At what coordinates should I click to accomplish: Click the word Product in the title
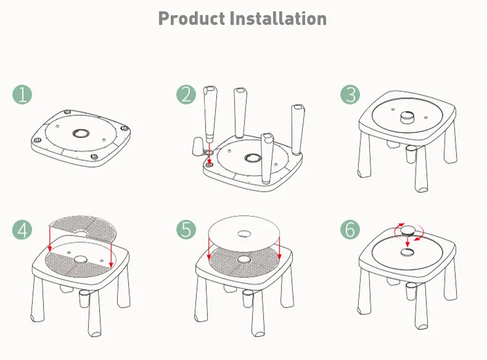191,18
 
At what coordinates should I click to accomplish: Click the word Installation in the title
278,18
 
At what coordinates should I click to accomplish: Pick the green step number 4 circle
22,229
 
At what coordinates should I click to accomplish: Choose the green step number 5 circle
186,229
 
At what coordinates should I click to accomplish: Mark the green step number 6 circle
350,229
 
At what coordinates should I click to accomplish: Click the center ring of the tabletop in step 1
80,133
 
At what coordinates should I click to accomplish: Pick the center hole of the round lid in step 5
244,234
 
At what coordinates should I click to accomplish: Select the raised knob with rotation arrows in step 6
407,231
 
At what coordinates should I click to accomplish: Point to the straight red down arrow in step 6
407,244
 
